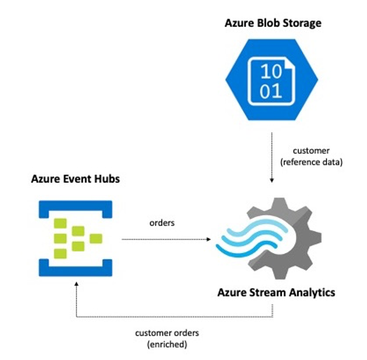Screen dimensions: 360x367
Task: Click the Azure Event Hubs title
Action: [75, 179]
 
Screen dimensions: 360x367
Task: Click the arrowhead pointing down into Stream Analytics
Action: [271, 181]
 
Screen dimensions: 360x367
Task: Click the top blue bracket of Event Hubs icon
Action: [75, 208]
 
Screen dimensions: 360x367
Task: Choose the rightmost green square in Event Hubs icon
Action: [96, 238]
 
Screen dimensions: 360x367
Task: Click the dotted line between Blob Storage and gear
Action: [271, 155]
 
